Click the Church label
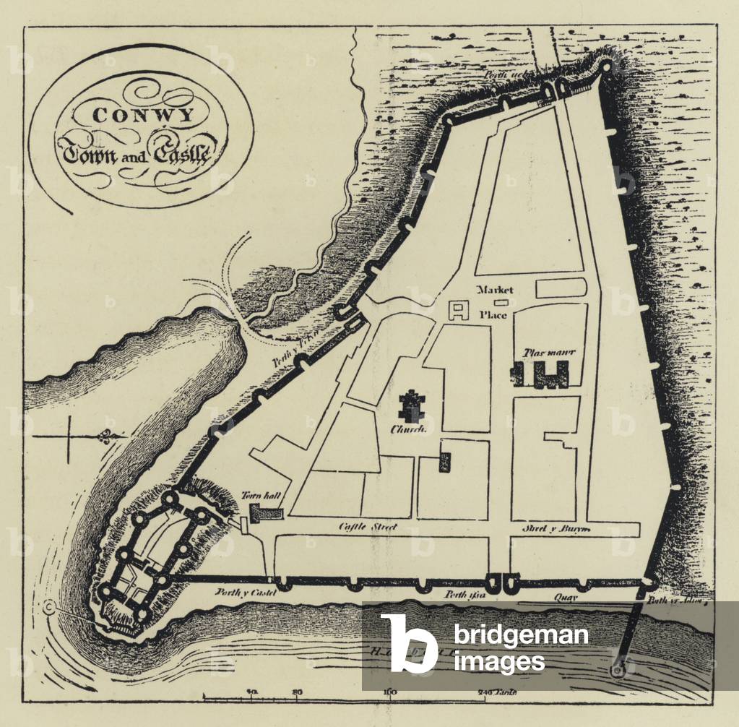(406, 429)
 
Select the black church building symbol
(412, 406)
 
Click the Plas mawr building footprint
(542, 374)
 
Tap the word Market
(496, 290)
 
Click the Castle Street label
(368, 528)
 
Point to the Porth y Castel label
(240, 593)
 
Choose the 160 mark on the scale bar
(391, 692)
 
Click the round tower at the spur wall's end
(618, 671)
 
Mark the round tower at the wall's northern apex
(606, 67)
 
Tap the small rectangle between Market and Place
(501, 302)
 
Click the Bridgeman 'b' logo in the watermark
(408, 643)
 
